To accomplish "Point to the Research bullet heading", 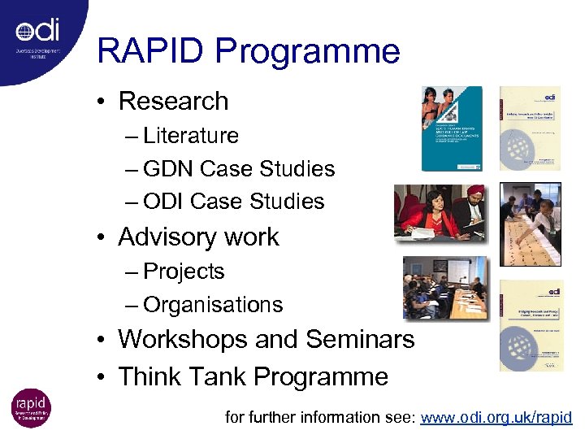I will coord(173,102).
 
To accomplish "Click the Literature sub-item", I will coord(191,136).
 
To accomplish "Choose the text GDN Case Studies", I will coord(239,169).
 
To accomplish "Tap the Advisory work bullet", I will coord(198,237).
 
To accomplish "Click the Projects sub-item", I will coord(184,272).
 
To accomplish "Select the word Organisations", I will coord(213,305).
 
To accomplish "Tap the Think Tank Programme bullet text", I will coord(253,376).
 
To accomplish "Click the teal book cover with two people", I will coord(452,128).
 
